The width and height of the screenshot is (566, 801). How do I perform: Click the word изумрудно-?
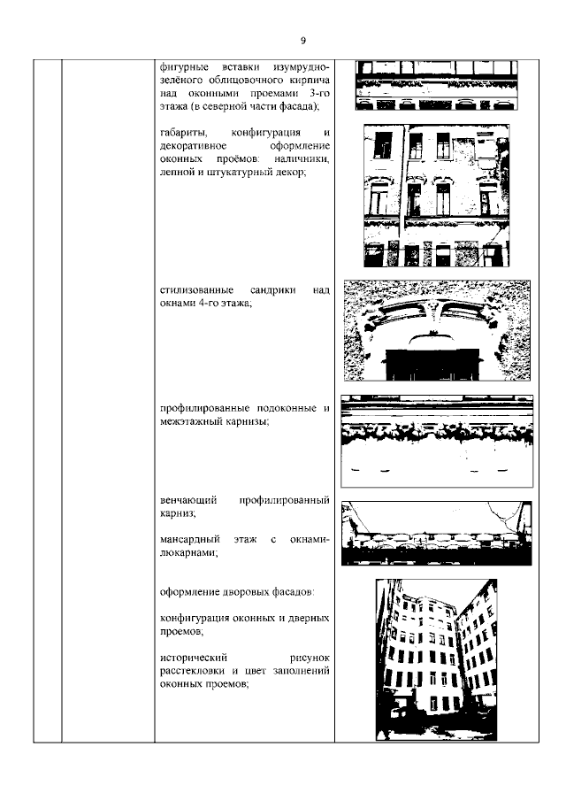[298, 68]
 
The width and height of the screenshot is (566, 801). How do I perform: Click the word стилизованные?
[196, 290]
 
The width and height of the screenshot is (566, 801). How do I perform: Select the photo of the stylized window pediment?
[436, 330]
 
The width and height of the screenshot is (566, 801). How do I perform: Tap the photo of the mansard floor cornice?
[436, 533]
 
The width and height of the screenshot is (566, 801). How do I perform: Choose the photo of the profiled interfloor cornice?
[436, 439]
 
